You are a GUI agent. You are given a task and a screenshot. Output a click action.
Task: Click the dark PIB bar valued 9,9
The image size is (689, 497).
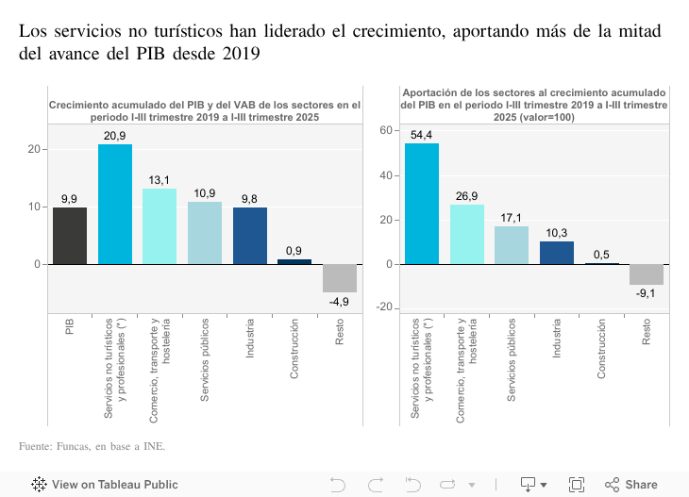pyautogui.click(x=70, y=235)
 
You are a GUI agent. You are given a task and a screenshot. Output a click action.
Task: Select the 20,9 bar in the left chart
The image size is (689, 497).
pyautogui.click(x=115, y=204)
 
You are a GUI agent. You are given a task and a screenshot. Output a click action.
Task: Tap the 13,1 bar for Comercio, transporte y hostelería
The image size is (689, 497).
pyautogui.click(x=160, y=226)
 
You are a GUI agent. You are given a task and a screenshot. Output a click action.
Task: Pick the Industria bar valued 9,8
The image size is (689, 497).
pyautogui.click(x=249, y=236)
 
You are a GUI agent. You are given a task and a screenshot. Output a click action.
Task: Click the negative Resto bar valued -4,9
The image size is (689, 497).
pyautogui.click(x=339, y=278)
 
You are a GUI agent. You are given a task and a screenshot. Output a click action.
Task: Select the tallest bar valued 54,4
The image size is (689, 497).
pyautogui.click(x=422, y=204)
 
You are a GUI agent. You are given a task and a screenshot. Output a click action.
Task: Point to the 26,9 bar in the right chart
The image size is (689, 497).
pyautogui.click(x=467, y=234)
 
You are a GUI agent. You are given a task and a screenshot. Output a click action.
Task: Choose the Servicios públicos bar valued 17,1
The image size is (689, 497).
pyautogui.click(x=512, y=245)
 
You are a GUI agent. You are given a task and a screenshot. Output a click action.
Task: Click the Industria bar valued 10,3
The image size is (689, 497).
pyautogui.click(x=557, y=253)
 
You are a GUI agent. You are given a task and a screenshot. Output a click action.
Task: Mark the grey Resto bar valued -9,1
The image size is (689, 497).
pyautogui.click(x=647, y=274)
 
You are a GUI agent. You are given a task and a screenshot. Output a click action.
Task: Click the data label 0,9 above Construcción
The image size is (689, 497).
pyautogui.click(x=294, y=251)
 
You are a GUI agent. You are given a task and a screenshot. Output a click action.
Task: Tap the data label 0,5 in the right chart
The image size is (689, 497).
pyautogui.click(x=601, y=255)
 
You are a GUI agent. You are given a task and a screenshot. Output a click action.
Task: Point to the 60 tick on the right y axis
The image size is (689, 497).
pyautogui.click(x=386, y=130)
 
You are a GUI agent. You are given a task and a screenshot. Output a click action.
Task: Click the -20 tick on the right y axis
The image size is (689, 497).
pyautogui.click(x=383, y=309)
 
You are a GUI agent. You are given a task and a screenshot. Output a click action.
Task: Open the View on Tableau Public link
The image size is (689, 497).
pyautogui.click(x=105, y=485)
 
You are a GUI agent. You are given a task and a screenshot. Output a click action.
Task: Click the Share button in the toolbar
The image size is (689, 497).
pyautogui.click(x=631, y=485)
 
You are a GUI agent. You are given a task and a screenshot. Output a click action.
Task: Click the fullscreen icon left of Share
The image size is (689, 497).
pyautogui.click(x=576, y=485)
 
